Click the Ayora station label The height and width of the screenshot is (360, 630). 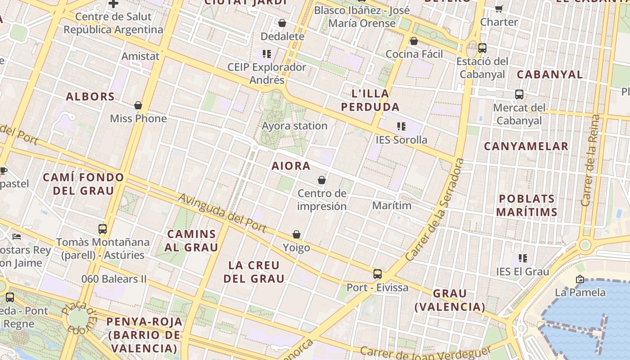[294, 126]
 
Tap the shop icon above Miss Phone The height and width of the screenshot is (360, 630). [138, 105]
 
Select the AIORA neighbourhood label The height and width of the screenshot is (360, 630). [291, 166]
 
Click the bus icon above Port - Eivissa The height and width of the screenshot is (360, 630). [378, 274]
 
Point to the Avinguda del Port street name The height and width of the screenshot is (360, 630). [222, 213]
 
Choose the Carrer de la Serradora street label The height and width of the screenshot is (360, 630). [435, 210]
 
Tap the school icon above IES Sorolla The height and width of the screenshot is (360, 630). [401, 126]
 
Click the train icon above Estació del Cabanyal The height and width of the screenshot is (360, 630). [482, 48]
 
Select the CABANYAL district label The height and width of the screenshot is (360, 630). [549, 75]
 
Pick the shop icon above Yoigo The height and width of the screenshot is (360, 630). [297, 234]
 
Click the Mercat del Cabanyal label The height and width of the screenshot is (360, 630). [519, 114]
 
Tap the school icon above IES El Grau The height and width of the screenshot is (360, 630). [522, 258]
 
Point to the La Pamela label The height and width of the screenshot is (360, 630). [580, 292]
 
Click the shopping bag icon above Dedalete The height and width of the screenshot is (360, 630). [282, 23]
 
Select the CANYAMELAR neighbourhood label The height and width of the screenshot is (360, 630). [526, 146]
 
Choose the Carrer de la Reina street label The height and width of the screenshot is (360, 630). [591, 160]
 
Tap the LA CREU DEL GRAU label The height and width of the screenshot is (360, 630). [254, 272]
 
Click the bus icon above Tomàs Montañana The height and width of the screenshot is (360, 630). [103, 229]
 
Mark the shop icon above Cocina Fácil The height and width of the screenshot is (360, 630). [414, 41]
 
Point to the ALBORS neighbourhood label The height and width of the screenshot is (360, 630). [90, 97]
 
